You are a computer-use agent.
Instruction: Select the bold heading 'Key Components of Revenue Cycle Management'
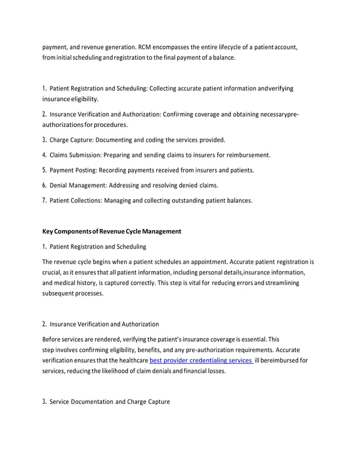coord(112,231)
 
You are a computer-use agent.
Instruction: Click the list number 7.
coord(45,200)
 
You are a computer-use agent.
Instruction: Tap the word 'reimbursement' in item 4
coord(248,155)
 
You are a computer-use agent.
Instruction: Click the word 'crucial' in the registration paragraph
coord(52,273)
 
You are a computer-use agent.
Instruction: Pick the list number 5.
coord(45,170)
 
